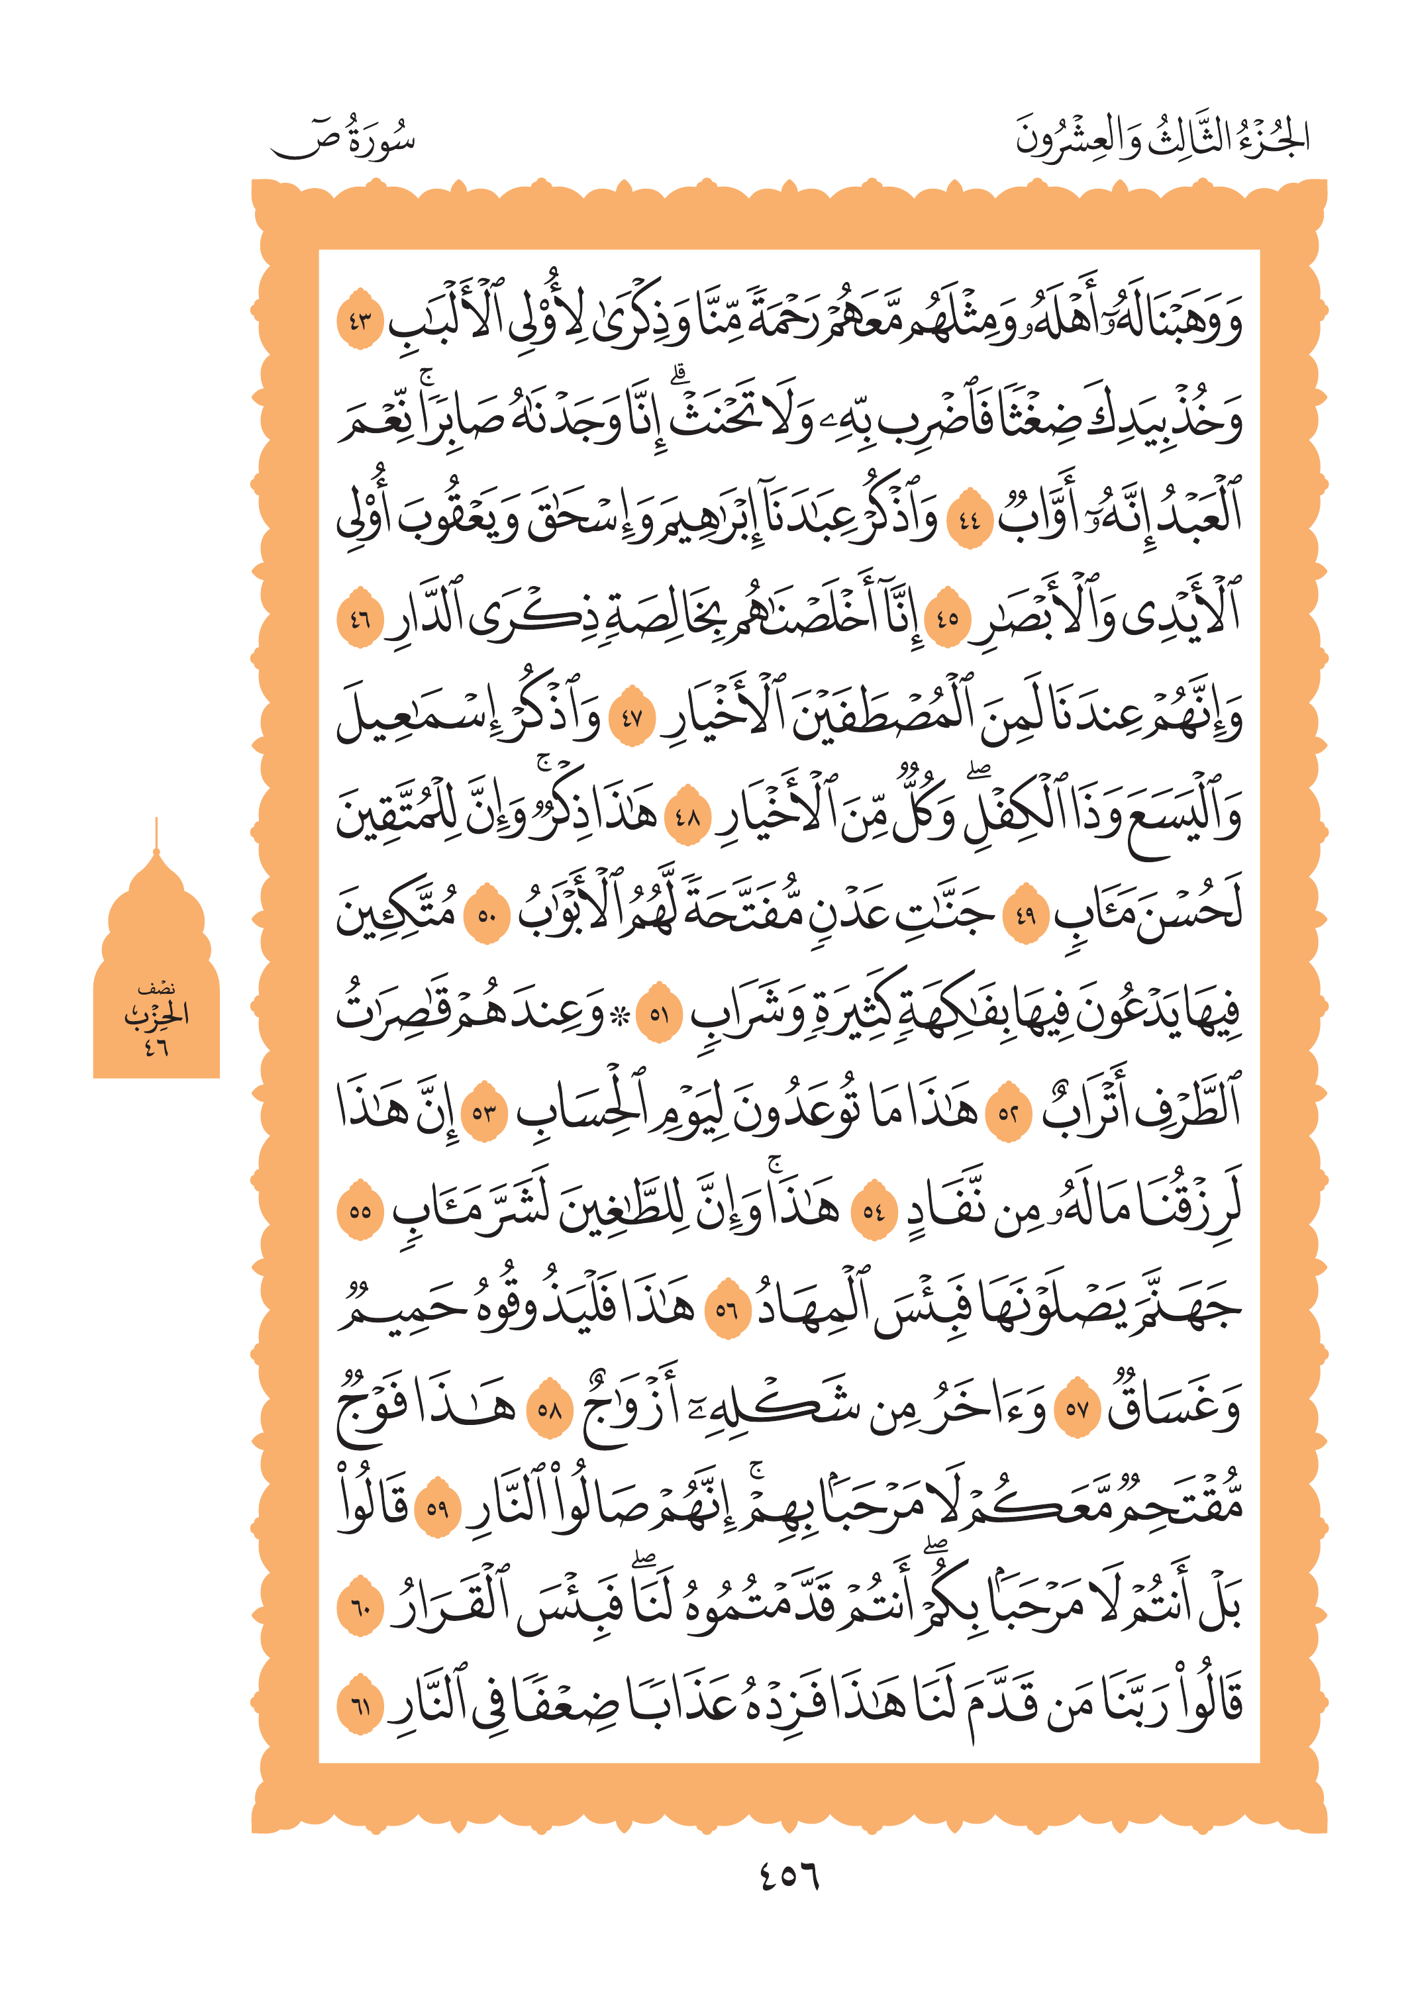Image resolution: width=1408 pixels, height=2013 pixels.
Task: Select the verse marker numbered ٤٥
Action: tap(948, 620)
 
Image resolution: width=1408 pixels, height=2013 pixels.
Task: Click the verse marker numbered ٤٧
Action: tap(632, 720)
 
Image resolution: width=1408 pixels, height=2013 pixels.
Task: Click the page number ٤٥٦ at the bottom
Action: tap(788, 1876)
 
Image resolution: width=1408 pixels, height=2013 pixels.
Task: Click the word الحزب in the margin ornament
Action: tap(156, 1015)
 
